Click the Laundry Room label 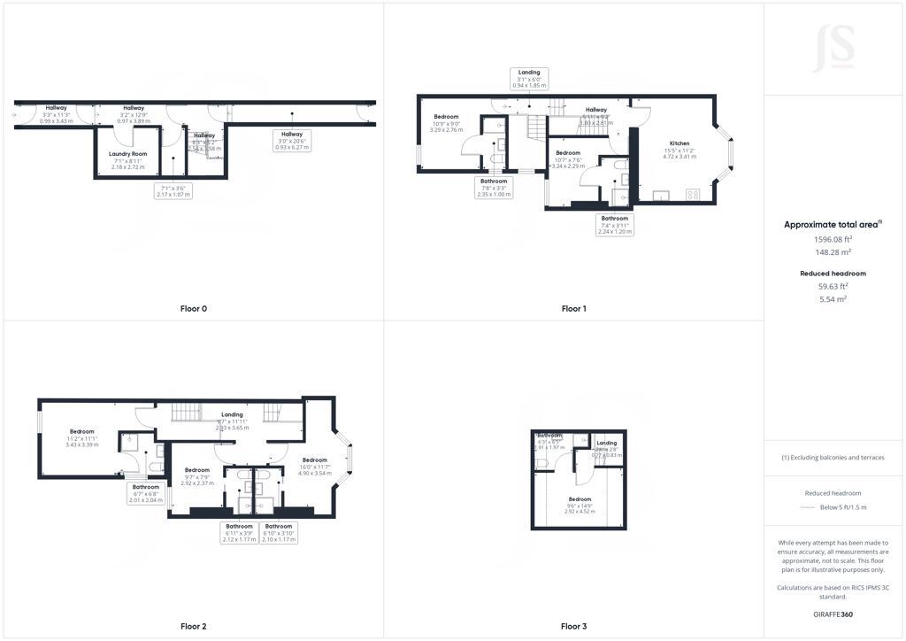coord(128,160)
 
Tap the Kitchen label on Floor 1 coord(679,150)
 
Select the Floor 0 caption coord(193,309)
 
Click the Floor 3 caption coord(573,626)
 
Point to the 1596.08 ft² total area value coord(833,239)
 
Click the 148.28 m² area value coord(833,251)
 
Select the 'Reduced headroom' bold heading coord(833,274)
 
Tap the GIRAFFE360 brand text coord(833,614)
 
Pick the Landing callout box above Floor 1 coord(529,78)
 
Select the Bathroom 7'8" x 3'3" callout coord(494,188)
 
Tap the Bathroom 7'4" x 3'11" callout coord(615,225)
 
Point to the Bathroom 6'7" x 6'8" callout coord(146,493)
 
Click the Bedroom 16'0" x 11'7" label coord(314,467)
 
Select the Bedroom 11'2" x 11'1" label coord(81,437)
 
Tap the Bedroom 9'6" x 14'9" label coord(580,505)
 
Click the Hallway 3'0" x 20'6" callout coord(292,140)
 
